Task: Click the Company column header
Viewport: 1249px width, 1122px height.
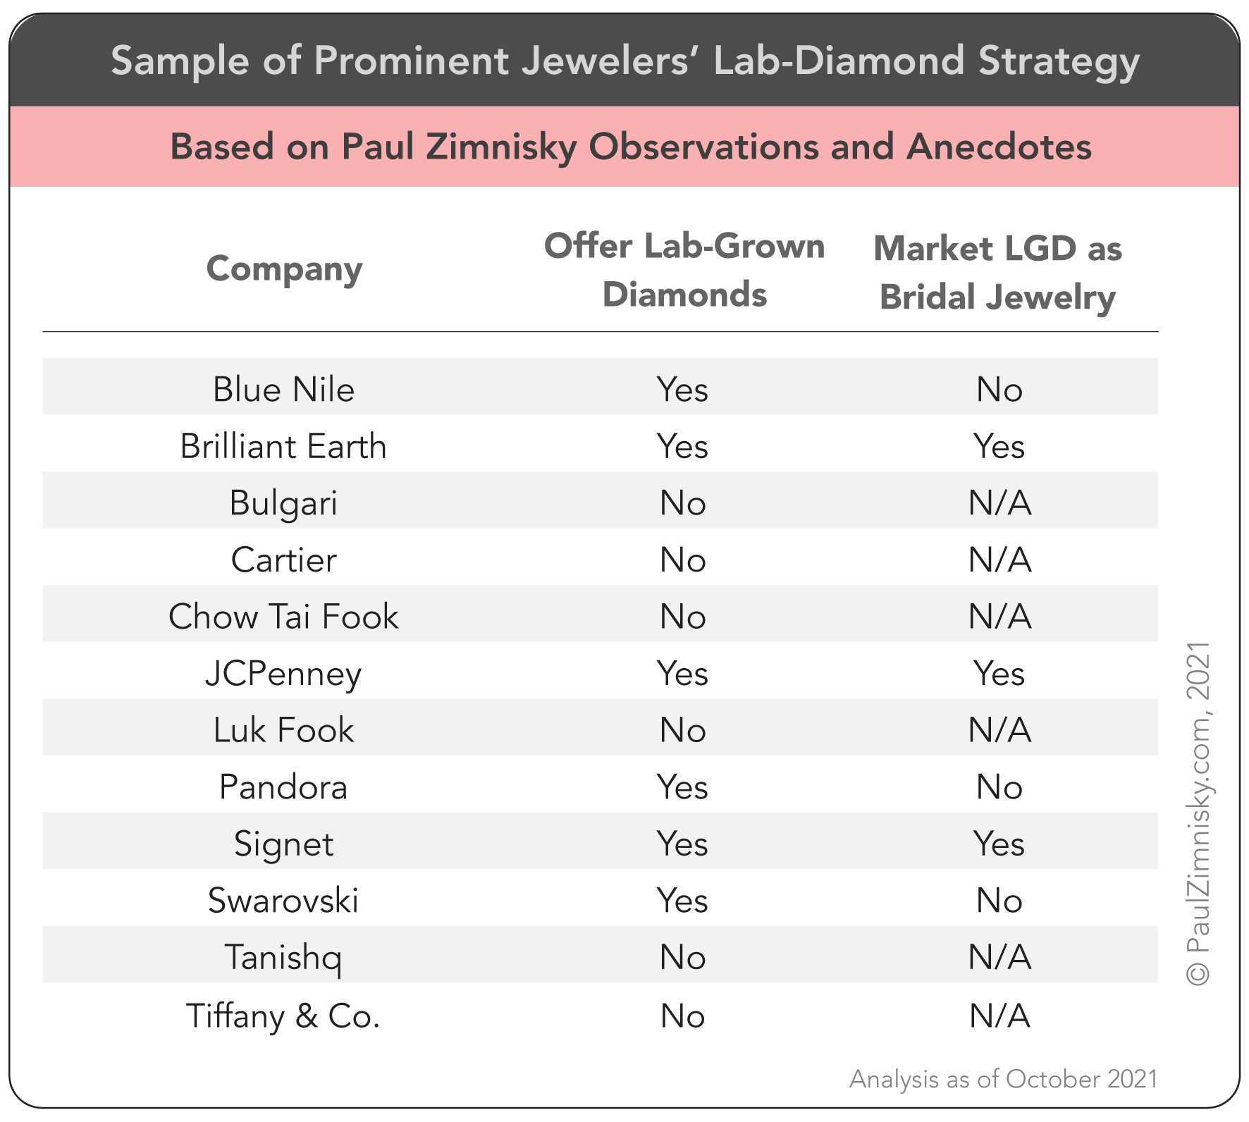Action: pos(284,269)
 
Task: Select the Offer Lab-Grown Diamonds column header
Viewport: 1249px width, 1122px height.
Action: pos(684,270)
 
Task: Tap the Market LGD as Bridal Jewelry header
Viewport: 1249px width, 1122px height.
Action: pos(997,272)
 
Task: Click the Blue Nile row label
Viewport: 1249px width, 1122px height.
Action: pos(283,390)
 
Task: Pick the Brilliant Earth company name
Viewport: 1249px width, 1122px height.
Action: pos(283,446)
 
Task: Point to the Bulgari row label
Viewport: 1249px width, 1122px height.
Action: pos(283,503)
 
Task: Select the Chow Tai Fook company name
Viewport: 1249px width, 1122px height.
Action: pos(283,617)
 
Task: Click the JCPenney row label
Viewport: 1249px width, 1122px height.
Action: pos(283,674)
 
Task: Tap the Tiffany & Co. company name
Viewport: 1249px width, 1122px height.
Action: pos(283,1016)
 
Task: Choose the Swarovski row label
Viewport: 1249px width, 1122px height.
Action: pos(283,901)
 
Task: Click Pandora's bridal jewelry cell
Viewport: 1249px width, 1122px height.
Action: pos(999,787)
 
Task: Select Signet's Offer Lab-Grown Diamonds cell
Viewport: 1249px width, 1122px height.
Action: pos(682,844)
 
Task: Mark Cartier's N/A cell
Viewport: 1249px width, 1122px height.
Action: pos(999,560)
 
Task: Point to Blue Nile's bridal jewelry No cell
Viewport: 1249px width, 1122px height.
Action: pos(999,390)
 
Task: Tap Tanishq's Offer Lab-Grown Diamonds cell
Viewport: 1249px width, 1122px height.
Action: pos(682,958)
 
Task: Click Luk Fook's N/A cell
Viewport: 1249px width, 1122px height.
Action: pos(999,730)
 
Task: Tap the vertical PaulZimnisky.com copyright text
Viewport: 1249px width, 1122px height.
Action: pos(1198,814)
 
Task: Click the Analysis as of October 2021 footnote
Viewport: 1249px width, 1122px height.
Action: pos(1003,1079)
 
